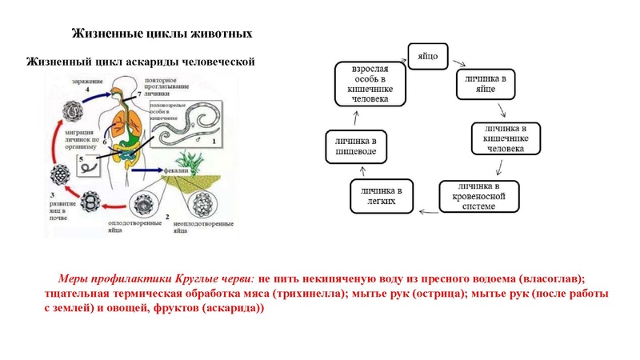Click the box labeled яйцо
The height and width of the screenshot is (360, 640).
click(x=430, y=56)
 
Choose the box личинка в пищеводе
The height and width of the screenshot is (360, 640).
click(x=356, y=146)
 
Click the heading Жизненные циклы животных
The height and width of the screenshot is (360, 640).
click(x=162, y=34)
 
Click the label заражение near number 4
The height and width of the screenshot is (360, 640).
click(x=84, y=82)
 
